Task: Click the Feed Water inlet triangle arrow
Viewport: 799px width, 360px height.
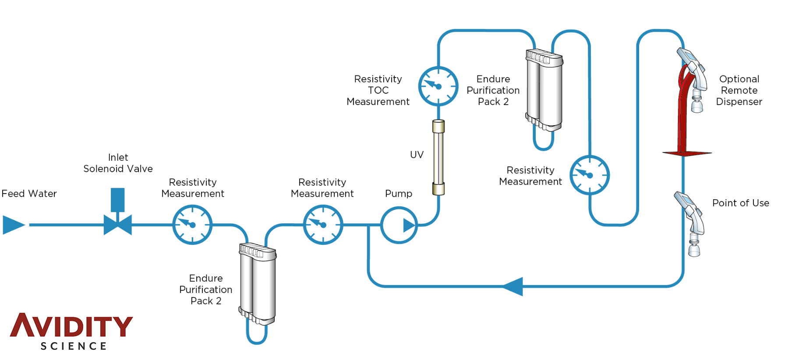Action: coord(13,225)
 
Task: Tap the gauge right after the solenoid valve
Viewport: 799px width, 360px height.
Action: coord(192,225)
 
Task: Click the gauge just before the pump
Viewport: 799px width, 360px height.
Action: coord(323,225)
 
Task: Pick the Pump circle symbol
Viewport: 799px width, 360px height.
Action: coord(399,225)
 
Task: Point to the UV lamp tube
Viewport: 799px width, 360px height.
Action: coord(438,158)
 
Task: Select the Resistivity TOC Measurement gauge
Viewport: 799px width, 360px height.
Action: coord(438,86)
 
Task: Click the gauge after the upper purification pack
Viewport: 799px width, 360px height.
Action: coord(590,175)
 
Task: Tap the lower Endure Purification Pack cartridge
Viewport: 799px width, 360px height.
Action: coord(258,285)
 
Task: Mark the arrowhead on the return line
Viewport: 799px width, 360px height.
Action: coord(513,286)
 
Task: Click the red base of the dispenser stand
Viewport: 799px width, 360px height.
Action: coord(686,153)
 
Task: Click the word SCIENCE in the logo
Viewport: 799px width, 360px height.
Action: coord(74,346)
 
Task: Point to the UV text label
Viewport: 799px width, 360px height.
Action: coord(417,155)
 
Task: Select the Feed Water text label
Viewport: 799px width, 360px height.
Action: coord(29,194)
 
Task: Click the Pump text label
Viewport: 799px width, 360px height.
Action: coord(398,194)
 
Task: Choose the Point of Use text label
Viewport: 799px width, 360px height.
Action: coord(740,203)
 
